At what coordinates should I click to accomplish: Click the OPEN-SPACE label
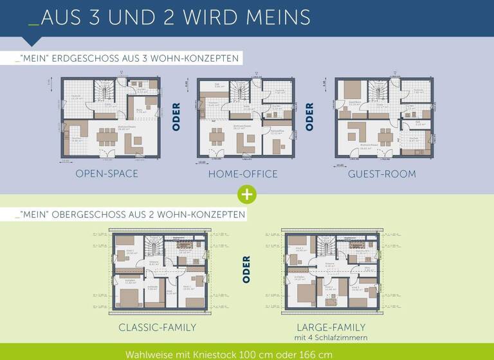click(x=107, y=174)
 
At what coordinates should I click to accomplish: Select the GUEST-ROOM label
click(x=382, y=174)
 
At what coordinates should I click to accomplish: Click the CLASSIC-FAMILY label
click(x=158, y=328)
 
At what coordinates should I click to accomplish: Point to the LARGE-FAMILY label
click(x=331, y=327)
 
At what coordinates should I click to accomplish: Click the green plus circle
click(x=246, y=194)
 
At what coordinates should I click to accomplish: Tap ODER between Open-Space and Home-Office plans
click(x=176, y=117)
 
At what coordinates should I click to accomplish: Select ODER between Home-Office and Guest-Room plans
click(x=309, y=117)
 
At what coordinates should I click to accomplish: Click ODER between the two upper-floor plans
click(x=246, y=270)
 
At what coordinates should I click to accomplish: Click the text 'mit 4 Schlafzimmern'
click(x=331, y=338)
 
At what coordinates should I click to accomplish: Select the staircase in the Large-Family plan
click(x=325, y=246)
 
